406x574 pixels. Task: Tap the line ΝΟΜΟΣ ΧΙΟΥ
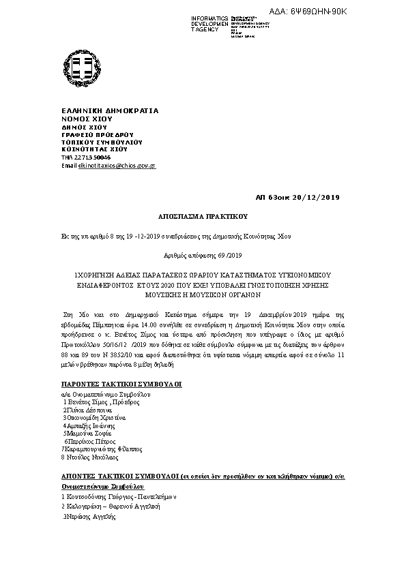tap(86, 119)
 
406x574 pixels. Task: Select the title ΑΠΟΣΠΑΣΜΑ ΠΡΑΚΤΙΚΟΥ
tap(202, 215)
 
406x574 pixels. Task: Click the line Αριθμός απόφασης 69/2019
tap(203, 255)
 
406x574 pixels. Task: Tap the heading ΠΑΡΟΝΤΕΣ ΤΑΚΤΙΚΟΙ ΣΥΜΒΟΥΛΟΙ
tap(121, 384)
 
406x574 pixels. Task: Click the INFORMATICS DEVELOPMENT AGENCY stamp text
tap(209, 24)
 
